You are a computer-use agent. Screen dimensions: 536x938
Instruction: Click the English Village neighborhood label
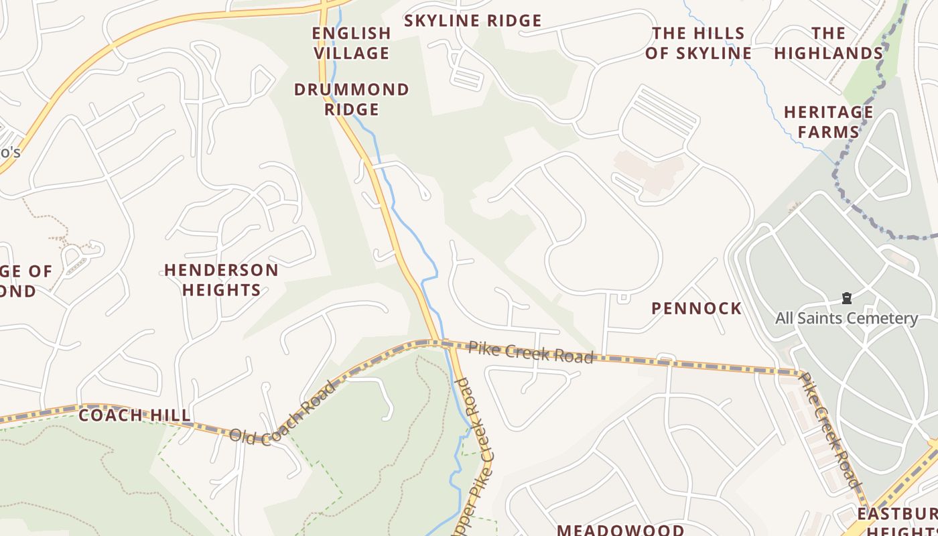[x=352, y=43]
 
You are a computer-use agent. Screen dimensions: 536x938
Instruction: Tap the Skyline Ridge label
[x=472, y=21]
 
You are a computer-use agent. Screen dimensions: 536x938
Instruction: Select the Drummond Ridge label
[x=352, y=99]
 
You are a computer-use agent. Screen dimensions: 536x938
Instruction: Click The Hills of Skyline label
[x=698, y=43]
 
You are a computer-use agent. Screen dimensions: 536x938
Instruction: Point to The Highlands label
[x=829, y=43]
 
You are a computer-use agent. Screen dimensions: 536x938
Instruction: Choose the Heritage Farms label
[x=829, y=122]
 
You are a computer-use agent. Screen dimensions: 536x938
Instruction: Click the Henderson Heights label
[x=221, y=280]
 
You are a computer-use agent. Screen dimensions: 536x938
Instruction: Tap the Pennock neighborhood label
[x=697, y=308]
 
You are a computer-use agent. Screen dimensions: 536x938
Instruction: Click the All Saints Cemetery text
[x=846, y=318]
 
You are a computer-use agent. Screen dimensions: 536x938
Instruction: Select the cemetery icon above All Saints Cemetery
[x=846, y=297]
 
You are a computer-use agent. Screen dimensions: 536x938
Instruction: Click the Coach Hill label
[x=135, y=415]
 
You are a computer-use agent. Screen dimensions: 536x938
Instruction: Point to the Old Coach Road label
[x=282, y=413]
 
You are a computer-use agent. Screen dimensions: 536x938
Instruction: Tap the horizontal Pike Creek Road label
[x=531, y=352]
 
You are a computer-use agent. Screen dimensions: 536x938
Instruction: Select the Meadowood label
[x=621, y=529]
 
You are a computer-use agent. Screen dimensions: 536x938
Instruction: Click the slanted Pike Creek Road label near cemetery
[x=829, y=429]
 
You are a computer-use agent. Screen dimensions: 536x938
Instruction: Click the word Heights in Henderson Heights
[x=221, y=290]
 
